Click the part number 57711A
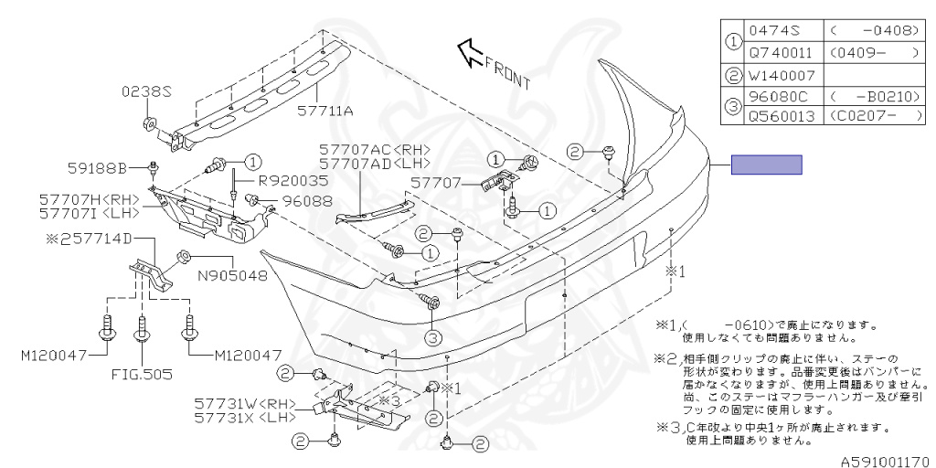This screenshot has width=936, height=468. click(329, 112)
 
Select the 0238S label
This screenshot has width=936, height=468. click(147, 92)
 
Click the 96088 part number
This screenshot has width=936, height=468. click(307, 200)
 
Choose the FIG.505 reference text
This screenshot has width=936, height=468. click(142, 374)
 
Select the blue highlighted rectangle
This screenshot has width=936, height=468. click(766, 165)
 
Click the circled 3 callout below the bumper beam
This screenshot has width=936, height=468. click(433, 336)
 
